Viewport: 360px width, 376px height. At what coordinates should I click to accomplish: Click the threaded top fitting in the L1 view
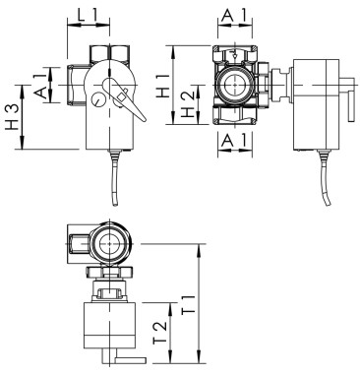[x=102, y=55]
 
